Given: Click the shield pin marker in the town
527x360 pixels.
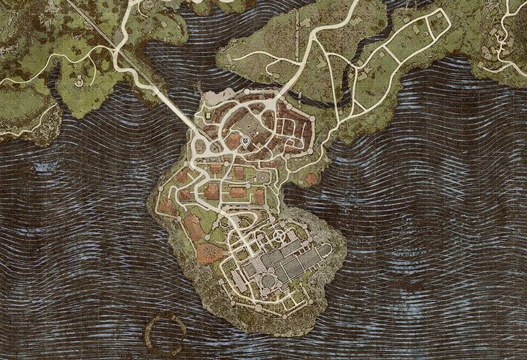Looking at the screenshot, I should pyautogui.click(x=245, y=140).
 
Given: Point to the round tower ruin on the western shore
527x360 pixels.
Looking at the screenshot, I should pyautogui.click(x=79, y=81).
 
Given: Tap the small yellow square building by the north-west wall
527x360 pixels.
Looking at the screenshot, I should pyautogui.click(x=208, y=116).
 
